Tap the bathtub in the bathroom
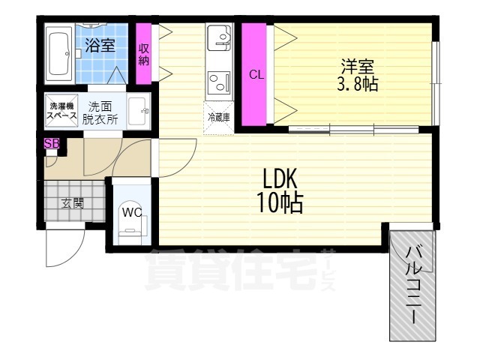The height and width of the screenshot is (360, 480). pyautogui.click(x=58, y=53)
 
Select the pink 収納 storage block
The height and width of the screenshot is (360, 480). pyautogui.click(x=143, y=53)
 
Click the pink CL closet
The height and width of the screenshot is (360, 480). pyautogui.click(x=256, y=74)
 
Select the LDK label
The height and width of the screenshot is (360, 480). pyautogui.click(x=280, y=179)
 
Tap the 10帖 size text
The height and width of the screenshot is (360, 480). pyautogui.click(x=281, y=202)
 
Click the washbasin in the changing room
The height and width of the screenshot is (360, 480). pyautogui.click(x=138, y=113)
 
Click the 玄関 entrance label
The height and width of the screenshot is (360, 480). pyautogui.click(x=72, y=202)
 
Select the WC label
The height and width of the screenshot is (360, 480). pyautogui.click(x=132, y=211)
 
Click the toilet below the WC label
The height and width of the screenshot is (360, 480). pyautogui.click(x=133, y=230)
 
